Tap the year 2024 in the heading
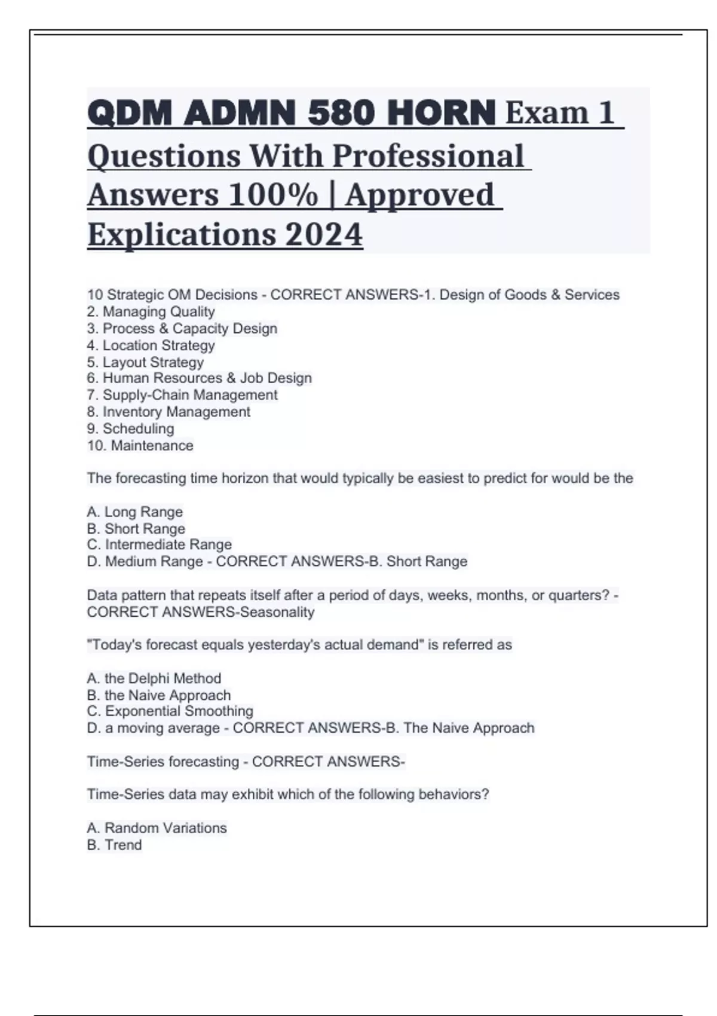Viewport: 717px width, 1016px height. tap(323, 234)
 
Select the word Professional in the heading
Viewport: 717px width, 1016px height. tap(428, 156)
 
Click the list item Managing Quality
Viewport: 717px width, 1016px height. tap(151, 312)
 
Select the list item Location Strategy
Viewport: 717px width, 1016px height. tap(151, 345)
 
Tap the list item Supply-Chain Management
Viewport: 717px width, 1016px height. tap(182, 395)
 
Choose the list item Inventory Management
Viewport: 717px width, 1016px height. tap(169, 412)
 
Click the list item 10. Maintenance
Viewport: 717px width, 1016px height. tap(140, 446)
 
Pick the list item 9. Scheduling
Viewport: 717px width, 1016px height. tap(131, 429)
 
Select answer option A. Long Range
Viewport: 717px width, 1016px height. tap(135, 512)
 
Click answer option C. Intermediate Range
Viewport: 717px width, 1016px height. tap(160, 544)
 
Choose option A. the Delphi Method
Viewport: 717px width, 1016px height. tap(154, 678)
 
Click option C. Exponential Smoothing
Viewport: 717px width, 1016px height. tap(170, 711)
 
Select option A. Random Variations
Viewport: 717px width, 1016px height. tap(157, 828)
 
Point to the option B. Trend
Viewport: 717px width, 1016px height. tap(115, 845)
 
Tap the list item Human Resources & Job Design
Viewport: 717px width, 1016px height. tap(200, 378)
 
